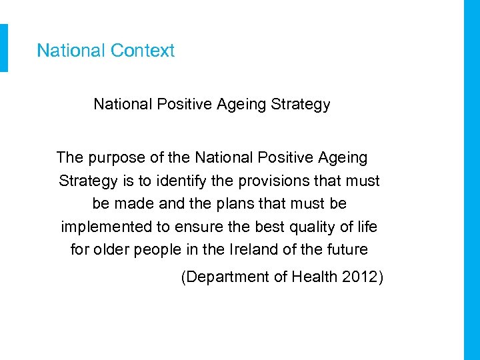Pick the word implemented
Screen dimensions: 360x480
(107, 227)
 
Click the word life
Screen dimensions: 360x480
(367, 227)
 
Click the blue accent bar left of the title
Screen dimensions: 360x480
(4, 48)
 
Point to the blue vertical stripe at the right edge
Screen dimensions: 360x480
(471, 180)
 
